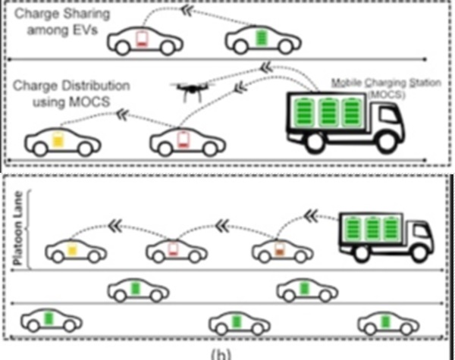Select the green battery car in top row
click(258, 39)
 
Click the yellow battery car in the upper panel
click(60, 141)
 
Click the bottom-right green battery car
click(389, 322)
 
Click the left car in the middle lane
click(139, 289)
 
